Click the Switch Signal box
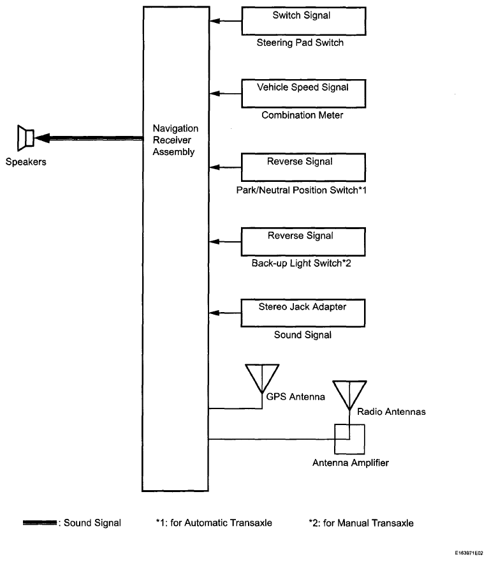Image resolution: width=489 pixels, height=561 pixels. click(x=302, y=20)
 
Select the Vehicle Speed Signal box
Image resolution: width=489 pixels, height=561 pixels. click(x=302, y=93)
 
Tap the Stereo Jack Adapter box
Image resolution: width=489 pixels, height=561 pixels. click(x=302, y=312)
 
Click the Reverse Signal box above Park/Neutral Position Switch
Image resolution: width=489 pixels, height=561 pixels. click(x=302, y=167)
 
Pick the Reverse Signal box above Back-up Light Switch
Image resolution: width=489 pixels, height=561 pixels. click(x=302, y=241)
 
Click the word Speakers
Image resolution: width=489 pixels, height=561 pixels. click(x=26, y=162)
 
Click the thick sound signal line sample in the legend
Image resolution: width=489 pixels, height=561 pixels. click(x=40, y=523)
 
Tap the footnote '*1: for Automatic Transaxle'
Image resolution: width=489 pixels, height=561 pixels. click(x=214, y=523)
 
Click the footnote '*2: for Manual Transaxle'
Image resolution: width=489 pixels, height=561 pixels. click(x=361, y=523)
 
